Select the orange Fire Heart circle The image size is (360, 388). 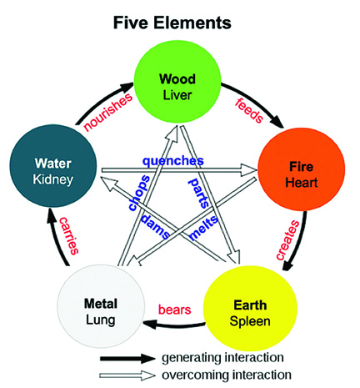click(302, 169)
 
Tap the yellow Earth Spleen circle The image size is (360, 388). click(250, 308)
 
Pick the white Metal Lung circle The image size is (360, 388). click(101, 306)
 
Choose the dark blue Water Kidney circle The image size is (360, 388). click(53, 166)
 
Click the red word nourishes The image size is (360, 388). click(107, 112)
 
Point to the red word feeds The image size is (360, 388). click(249, 110)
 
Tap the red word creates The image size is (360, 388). click(288, 240)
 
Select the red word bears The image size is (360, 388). click(175, 310)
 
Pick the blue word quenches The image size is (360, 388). click(173, 161)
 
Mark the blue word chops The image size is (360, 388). click(139, 194)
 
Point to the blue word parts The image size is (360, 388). click(199, 194)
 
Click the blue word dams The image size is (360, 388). click(155, 226)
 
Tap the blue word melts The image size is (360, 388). click(203, 228)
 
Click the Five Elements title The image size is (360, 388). click(172, 23)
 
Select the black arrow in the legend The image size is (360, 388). click(127, 359)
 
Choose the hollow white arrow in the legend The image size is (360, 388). click(127, 375)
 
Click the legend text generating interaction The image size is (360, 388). click(222, 358)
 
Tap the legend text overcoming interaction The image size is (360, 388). click(227, 375)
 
